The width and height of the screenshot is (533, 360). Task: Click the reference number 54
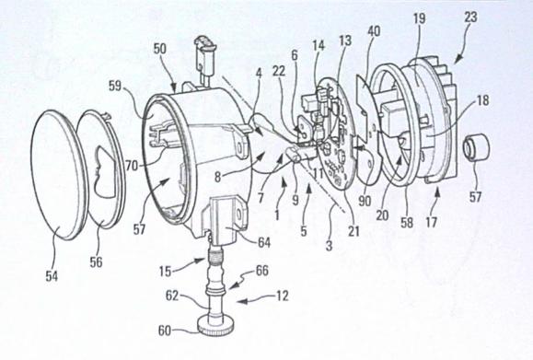coord(52,276)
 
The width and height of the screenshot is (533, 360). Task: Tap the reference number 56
coord(97,261)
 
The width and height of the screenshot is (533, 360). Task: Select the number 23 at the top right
coord(470,17)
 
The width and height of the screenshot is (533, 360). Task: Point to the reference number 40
coord(374,31)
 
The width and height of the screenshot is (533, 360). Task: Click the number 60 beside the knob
coord(165,331)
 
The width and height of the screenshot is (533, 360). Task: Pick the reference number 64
coord(264,242)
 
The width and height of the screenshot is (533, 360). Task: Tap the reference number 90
coord(365,201)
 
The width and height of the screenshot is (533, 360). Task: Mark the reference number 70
coord(132,166)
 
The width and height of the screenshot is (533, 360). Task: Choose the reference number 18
coord(482,100)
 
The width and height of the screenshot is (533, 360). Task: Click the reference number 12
coord(283,296)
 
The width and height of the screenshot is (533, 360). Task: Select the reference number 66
coord(261,271)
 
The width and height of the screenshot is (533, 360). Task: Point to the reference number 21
coord(353,231)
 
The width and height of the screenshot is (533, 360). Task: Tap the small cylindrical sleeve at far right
coord(477,148)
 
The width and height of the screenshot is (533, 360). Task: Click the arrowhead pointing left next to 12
coord(240,301)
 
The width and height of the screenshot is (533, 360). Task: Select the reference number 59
coord(115,86)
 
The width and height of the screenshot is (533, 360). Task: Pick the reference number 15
coord(165,272)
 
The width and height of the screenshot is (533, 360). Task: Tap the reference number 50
coord(160,49)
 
